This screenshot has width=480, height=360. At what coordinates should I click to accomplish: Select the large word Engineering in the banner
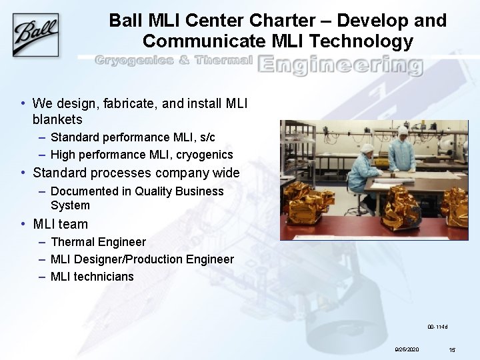[339, 65]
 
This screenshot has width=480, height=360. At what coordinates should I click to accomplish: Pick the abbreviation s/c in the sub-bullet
[206, 137]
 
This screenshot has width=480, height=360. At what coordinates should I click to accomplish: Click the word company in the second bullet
[181, 173]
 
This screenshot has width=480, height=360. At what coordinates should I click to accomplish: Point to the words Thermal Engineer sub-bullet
[98, 241]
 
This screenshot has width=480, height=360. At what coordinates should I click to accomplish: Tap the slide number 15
[451, 349]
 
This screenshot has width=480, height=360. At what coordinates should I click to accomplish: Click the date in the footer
[407, 349]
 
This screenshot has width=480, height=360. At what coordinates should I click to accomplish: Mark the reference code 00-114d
[437, 327]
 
